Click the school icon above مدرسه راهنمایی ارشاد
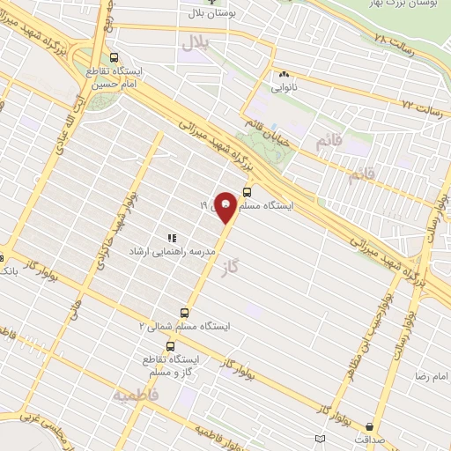tap(173, 238)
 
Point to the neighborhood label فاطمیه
tap(132, 396)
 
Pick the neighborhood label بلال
tap(193, 42)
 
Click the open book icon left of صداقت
tap(319, 437)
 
